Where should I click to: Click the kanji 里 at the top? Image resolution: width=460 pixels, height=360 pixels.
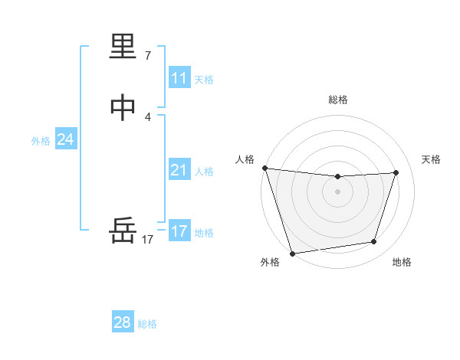pyautogui.click(x=123, y=48)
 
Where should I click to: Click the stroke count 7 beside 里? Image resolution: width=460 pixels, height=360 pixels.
pyautogui.click(x=148, y=56)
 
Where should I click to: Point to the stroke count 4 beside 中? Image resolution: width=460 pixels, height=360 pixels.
pyautogui.click(x=148, y=116)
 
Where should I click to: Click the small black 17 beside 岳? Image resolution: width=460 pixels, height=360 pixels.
pyautogui.click(x=148, y=240)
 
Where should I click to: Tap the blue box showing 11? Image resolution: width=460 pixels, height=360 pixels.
pyautogui.click(x=179, y=78)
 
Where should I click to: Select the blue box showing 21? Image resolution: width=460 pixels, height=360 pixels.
pyautogui.click(x=179, y=170)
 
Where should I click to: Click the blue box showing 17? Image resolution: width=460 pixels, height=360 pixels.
pyautogui.click(x=179, y=231)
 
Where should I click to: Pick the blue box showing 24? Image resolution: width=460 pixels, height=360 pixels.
pyautogui.click(x=66, y=139)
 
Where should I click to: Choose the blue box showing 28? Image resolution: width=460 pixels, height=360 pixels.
pyautogui.click(x=123, y=322)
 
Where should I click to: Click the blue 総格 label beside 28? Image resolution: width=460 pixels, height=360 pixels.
pyautogui.click(x=147, y=324)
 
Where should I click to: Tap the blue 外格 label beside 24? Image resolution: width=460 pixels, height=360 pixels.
pyautogui.click(x=41, y=141)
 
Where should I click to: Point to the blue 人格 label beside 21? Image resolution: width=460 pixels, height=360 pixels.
pyautogui.click(x=204, y=172)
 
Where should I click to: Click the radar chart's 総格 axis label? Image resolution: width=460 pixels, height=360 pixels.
pyautogui.click(x=338, y=100)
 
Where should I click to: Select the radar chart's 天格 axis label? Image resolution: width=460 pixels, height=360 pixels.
pyautogui.click(x=432, y=159)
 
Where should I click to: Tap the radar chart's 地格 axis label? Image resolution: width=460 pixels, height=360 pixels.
pyautogui.click(x=402, y=263)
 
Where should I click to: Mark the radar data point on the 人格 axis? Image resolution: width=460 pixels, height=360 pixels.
pyautogui.click(x=264, y=168)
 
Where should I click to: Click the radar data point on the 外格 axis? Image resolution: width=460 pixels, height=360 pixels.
pyautogui.click(x=292, y=253)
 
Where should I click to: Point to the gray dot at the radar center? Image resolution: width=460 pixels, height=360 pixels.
pyautogui.click(x=338, y=191)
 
